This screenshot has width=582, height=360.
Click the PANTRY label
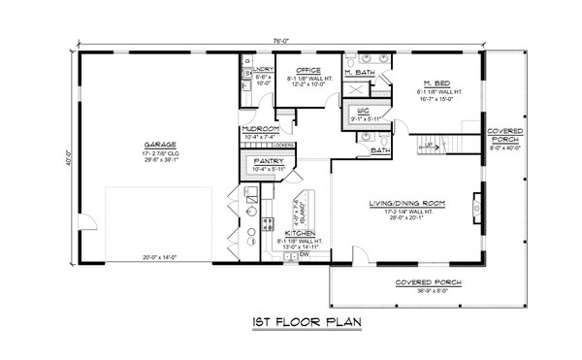(268, 161)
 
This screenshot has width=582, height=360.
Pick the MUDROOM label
(261, 129)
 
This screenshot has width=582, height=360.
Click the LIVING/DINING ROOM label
(406, 203)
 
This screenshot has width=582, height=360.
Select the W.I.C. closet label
(363, 112)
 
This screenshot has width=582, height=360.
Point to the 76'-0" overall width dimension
(280, 41)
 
